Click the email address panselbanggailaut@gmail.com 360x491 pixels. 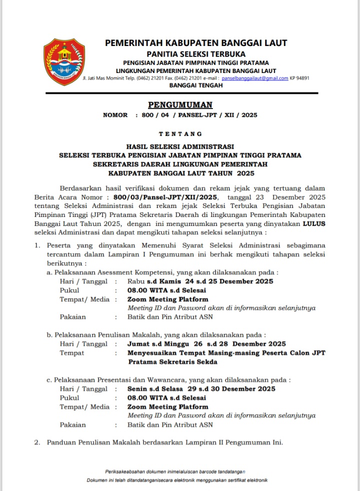click(254, 78)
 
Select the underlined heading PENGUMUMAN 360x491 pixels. click(180, 105)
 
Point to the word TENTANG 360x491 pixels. click(180, 134)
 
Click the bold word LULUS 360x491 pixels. click(314, 224)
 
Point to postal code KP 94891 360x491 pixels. click(300, 78)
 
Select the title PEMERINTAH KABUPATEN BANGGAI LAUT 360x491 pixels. click(196, 43)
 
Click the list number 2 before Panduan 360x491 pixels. click(37, 442)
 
